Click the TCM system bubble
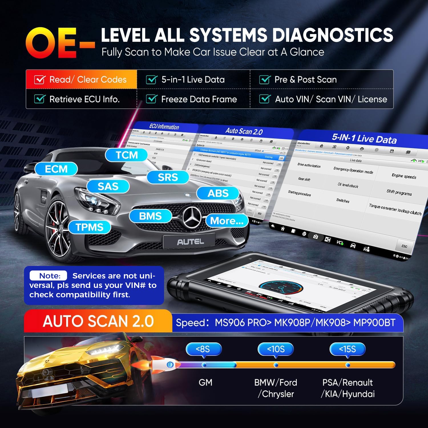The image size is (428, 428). [x=126, y=155]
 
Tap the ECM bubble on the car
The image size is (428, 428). [x=56, y=169]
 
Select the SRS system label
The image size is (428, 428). [x=168, y=177]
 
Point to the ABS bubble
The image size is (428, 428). [x=218, y=193]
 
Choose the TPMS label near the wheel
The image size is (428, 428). [x=89, y=227]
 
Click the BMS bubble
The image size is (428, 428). [x=150, y=216]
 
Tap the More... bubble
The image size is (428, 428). [x=227, y=221]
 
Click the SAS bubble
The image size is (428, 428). [x=108, y=186]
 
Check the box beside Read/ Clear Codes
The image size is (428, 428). [x=40, y=80]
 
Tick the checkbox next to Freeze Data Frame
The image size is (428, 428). [x=152, y=99]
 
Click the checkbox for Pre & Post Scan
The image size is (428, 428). [x=265, y=80]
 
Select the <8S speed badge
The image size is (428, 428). [x=203, y=349]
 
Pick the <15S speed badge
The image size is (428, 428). [x=348, y=349]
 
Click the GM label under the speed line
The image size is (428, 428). [x=205, y=382]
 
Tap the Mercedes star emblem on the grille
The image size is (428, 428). [x=192, y=218]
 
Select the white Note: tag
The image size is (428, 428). [x=49, y=276]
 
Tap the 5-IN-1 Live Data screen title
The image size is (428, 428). [x=364, y=139]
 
